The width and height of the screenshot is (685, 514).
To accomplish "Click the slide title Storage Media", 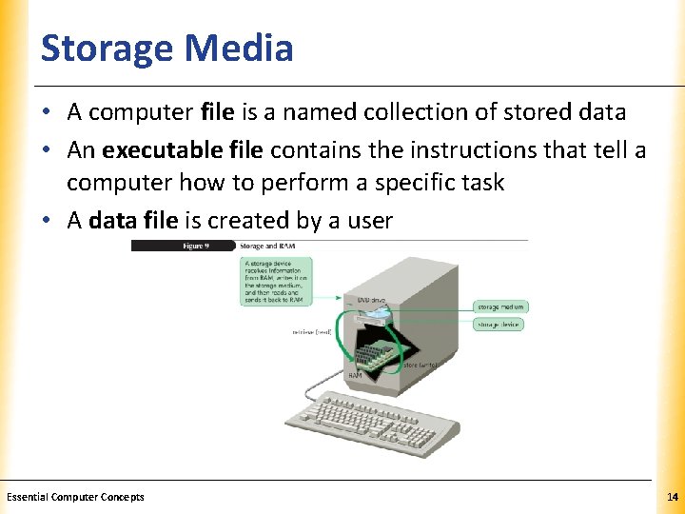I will pos(166,48).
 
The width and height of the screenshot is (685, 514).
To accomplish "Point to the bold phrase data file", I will pos(132,221).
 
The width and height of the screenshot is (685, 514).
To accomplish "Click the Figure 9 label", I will pos(197,246).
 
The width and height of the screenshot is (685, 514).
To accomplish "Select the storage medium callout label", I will pos(501,306).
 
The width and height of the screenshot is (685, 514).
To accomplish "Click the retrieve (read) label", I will pos(311,332).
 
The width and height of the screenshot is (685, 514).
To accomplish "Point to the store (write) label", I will pos(420,364).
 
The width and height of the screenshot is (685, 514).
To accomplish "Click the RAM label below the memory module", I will pos(354,376).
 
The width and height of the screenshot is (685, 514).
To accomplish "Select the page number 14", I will pos(671,497).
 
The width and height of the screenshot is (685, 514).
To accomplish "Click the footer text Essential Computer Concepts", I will pos(75,497).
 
